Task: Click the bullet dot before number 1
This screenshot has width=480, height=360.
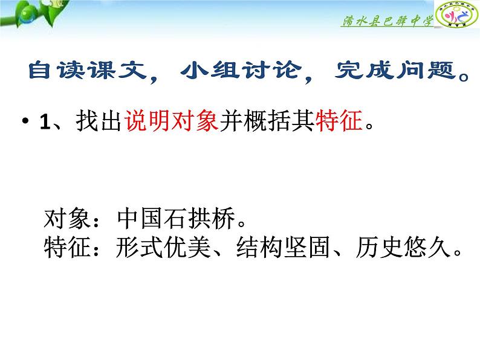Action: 25,123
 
